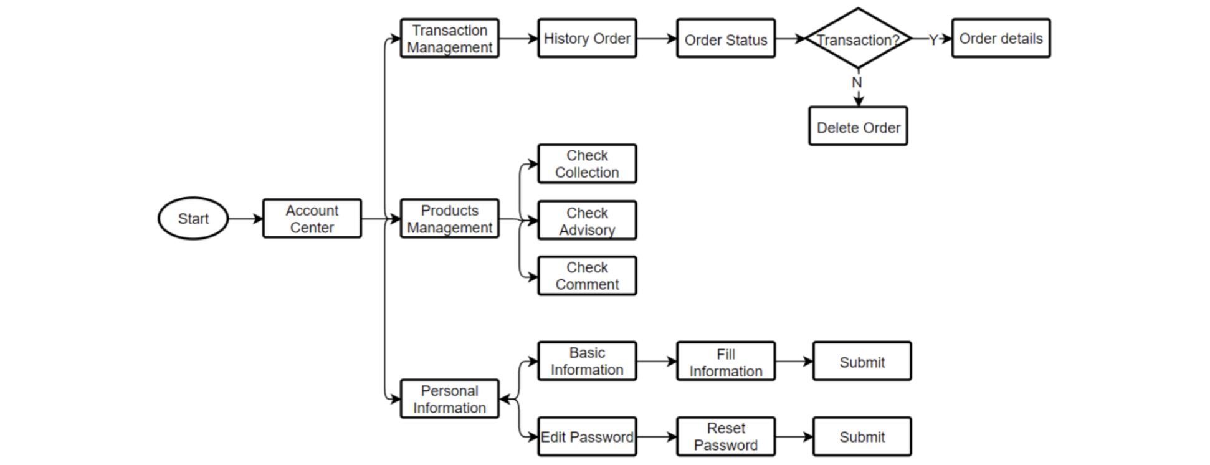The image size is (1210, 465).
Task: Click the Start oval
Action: pos(193,219)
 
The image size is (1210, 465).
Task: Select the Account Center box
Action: pos(312,219)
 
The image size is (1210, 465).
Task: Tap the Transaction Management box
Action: pos(449,39)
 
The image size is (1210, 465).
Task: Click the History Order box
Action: pos(587,39)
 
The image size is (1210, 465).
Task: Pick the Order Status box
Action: pos(726,39)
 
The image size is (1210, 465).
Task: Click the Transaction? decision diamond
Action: pos(858,39)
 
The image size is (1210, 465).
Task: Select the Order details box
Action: pos(1001,39)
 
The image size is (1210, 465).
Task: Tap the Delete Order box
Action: pos(858,127)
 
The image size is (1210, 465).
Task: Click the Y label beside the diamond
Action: pos(933,40)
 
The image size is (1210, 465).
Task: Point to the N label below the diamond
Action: pos(857,82)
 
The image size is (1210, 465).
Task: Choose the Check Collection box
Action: pos(587,164)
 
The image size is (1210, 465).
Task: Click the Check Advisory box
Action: pos(587,221)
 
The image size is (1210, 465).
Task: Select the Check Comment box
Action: pos(587,276)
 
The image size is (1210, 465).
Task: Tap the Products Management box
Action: pos(449,219)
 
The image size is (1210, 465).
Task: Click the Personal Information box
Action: pos(449,399)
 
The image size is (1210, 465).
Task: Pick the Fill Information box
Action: pos(726,362)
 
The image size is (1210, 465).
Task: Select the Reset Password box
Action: pos(726,436)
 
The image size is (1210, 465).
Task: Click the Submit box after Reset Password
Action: pos(862,436)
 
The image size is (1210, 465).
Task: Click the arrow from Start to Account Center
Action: pos(245,219)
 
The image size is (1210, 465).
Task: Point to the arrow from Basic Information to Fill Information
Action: pos(657,362)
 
